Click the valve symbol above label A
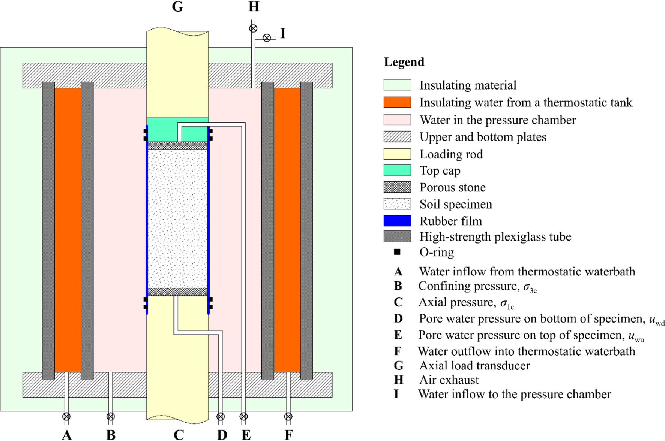coord(66,416)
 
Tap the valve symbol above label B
coord(110,416)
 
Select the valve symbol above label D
coord(221,416)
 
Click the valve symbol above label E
coord(243,416)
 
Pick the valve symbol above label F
coord(288,416)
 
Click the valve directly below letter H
coord(253,28)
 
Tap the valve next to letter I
coord(267,38)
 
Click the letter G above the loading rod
coord(177,7)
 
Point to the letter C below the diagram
coord(179,435)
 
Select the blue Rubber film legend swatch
coord(397,221)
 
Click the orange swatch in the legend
coord(397,102)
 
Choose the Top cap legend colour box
coord(397,170)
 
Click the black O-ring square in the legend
coord(397,252)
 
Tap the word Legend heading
coord(404,62)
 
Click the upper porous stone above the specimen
coord(177,146)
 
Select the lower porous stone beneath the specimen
coord(177,292)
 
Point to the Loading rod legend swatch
coord(397,154)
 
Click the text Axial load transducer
coord(474,365)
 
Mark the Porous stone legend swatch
coord(397,187)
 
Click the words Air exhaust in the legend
coord(449,380)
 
